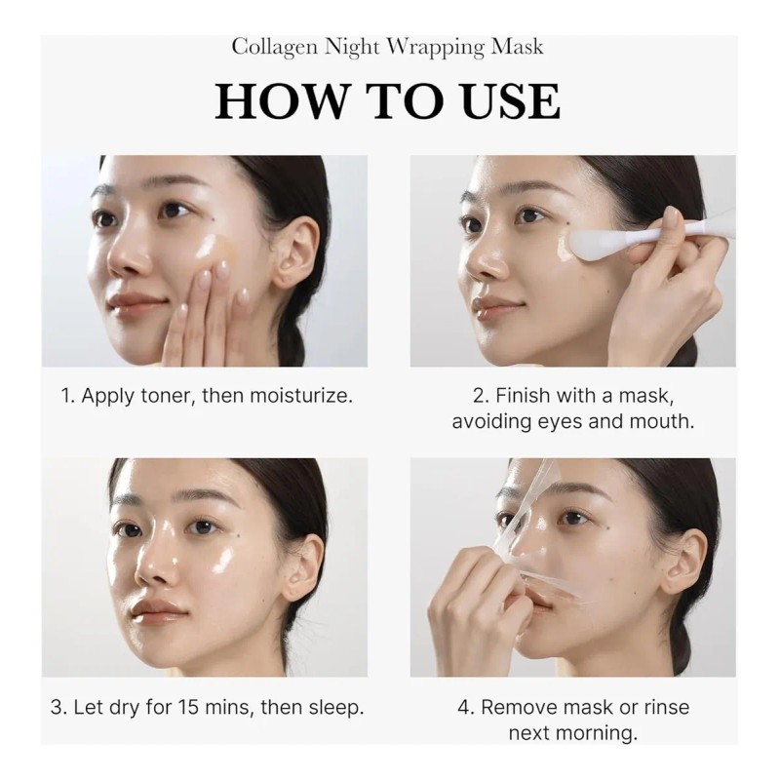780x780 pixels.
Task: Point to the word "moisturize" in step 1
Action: (x=298, y=397)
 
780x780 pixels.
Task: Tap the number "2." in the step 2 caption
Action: (x=481, y=397)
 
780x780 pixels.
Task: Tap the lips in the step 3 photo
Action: (x=158, y=610)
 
